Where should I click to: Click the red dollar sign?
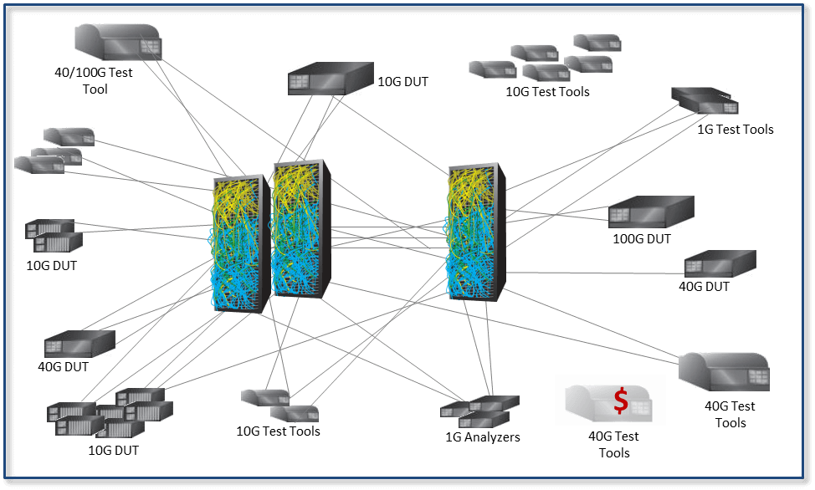621,401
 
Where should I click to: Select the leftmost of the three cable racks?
238,242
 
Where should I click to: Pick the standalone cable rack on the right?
474,231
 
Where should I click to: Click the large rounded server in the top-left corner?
118,41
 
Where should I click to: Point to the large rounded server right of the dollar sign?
725,370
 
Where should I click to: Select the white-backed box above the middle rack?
330,78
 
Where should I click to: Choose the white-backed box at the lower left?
79,343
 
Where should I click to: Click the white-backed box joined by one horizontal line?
719,263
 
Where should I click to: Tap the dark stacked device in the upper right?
705,100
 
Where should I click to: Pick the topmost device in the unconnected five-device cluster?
597,42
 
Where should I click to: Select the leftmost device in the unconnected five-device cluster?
492,69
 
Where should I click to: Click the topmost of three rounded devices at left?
69,136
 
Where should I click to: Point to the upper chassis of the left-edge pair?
50,227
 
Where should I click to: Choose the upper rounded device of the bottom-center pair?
265,396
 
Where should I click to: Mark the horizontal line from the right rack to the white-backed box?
594,272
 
